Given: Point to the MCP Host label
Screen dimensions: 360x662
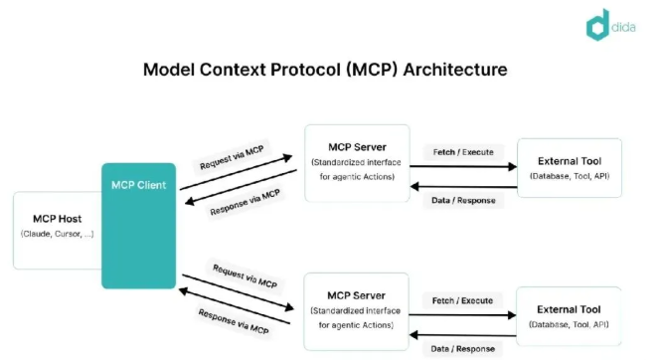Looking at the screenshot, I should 56,218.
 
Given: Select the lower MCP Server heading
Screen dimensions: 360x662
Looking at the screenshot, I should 356,295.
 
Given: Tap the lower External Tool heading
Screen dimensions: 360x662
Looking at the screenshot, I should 569,308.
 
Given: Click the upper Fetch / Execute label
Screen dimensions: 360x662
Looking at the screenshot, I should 462,151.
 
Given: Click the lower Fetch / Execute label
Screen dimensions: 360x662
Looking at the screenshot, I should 464,299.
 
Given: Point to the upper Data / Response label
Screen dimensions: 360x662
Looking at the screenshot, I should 462,200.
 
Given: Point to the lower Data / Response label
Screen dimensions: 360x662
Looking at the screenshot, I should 464,348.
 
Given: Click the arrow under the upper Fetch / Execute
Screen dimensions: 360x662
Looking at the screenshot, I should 462,166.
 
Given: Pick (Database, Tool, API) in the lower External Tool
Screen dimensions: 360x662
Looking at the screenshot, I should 569,325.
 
